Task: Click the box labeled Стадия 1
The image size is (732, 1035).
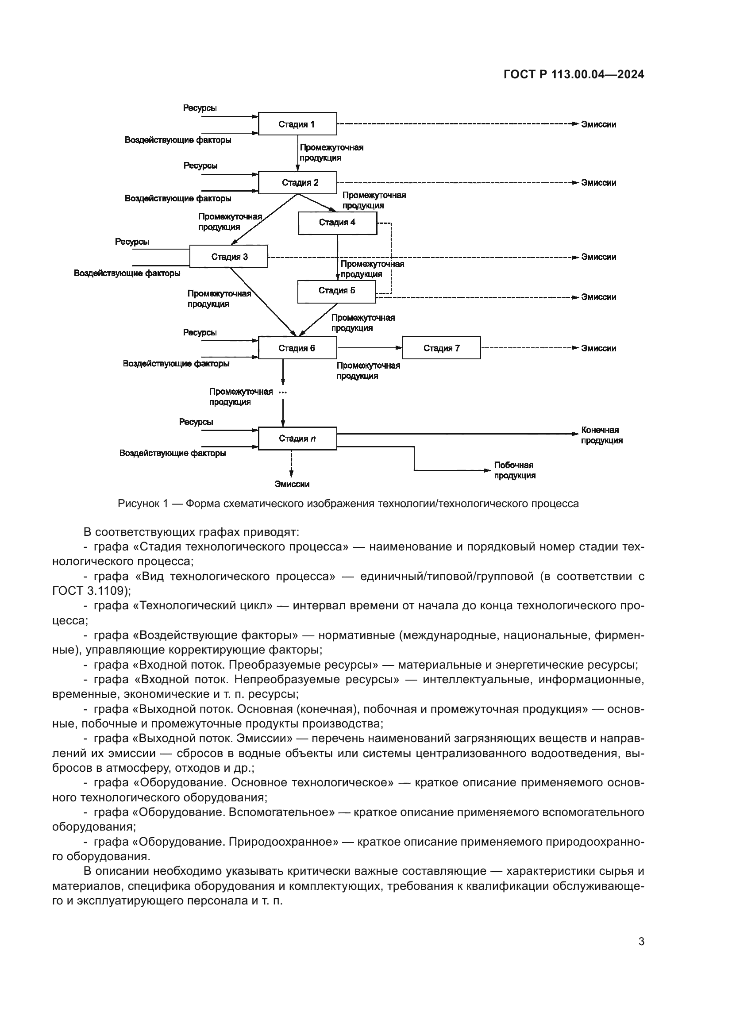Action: pyautogui.click(x=297, y=124)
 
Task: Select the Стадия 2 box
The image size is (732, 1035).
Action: pyautogui.click(x=297, y=183)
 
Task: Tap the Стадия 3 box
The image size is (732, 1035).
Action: pyautogui.click(x=228, y=257)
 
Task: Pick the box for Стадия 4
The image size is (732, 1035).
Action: pyautogui.click(x=338, y=223)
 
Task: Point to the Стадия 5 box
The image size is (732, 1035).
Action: pyautogui.click(x=337, y=291)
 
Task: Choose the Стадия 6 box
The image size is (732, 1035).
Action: pyautogui.click(x=297, y=348)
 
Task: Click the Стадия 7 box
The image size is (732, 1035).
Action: pyautogui.click(x=441, y=348)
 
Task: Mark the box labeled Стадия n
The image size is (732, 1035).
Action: pyautogui.click(x=297, y=439)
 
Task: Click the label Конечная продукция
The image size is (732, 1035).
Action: pyautogui.click(x=601, y=435)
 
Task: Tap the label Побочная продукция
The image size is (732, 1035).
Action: pyautogui.click(x=514, y=470)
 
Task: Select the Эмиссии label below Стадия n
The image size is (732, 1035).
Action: pyautogui.click(x=292, y=485)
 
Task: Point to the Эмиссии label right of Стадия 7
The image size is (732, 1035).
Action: pyautogui.click(x=598, y=348)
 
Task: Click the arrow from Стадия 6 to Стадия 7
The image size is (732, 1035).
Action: pyautogui.click(x=370, y=347)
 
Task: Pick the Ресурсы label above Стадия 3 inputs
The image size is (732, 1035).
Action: pyautogui.click(x=132, y=242)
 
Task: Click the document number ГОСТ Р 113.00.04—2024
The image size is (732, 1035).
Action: pyautogui.click(x=574, y=75)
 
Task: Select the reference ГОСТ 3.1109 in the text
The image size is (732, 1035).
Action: pyautogui.click(x=90, y=591)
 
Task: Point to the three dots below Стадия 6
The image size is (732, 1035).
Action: pyautogui.click(x=283, y=392)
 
